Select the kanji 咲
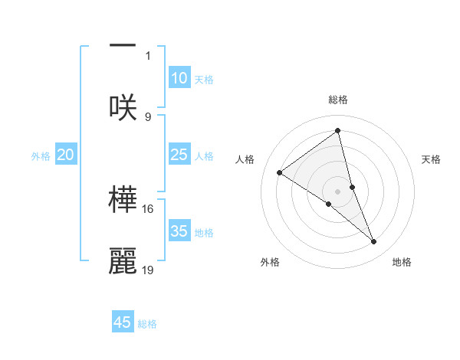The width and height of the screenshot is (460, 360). (123, 107)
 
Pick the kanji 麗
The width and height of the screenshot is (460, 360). (123, 260)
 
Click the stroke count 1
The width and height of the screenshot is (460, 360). (148, 55)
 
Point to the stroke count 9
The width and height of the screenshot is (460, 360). (148, 116)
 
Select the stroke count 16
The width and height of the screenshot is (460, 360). (148, 208)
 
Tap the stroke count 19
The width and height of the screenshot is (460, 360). (148, 270)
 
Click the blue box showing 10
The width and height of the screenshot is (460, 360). (179, 78)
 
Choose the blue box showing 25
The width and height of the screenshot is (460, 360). (179, 155)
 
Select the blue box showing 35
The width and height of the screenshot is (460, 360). (179, 231)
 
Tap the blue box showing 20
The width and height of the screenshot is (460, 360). (65, 155)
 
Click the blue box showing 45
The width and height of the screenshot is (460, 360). (123, 322)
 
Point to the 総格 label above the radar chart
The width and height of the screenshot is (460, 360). (338, 100)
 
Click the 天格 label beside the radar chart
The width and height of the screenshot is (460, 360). (432, 159)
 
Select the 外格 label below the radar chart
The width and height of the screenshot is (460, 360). (270, 262)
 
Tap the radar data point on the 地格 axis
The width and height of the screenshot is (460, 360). (374, 242)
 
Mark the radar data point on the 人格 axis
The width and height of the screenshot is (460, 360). (280, 172)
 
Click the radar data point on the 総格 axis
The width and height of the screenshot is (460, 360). (338, 131)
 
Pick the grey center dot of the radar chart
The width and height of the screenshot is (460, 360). (338, 191)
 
